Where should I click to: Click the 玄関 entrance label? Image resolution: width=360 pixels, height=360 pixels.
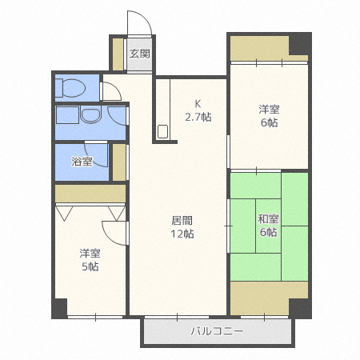(140, 54)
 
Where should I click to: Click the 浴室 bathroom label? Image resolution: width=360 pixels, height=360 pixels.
(82, 162)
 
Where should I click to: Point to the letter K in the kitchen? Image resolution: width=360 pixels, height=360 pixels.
(198, 102)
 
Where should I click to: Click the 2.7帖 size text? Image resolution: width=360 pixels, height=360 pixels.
(198, 117)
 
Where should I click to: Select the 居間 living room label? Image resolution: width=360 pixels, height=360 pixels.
(182, 220)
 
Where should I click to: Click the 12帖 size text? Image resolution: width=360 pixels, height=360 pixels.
(182, 234)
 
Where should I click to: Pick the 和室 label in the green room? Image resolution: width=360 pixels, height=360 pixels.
(268, 218)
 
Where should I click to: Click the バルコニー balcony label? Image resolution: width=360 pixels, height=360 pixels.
(217, 330)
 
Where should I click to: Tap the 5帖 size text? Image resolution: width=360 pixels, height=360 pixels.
(90, 266)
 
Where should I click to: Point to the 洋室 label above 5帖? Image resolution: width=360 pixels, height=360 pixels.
(90, 253)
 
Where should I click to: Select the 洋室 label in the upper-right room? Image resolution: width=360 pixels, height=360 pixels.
(268, 109)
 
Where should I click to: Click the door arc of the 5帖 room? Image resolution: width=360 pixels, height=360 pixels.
(119, 231)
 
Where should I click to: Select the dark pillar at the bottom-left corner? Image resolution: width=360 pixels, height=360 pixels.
(60, 306)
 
